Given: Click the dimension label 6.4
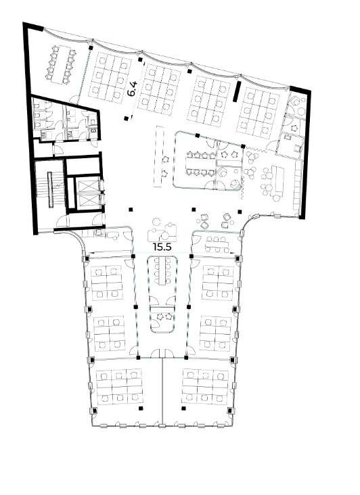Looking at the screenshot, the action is [x=133, y=89].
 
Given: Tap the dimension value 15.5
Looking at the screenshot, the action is [x=162, y=247].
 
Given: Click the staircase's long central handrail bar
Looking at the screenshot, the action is [x=50, y=189].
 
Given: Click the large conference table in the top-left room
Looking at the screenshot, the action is [x=61, y=65].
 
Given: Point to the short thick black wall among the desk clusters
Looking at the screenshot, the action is [x=237, y=91].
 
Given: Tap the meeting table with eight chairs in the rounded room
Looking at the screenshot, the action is [x=200, y=164].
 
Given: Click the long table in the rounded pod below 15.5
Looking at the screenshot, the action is [x=163, y=271].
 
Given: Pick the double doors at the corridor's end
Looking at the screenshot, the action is [x=162, y=353].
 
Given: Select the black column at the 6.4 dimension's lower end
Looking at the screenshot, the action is [x=127, y=118].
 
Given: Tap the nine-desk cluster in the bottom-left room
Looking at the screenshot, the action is [x=119, y=387].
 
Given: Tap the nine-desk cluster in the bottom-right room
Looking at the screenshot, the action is [x=205, y=387].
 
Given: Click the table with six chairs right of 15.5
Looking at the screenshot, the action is [x=217, y=244].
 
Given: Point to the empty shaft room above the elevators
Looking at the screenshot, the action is [x=83, y=166].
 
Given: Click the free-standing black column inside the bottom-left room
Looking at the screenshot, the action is [x=141, y=409].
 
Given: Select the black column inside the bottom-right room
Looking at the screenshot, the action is [x=184, y=409].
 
